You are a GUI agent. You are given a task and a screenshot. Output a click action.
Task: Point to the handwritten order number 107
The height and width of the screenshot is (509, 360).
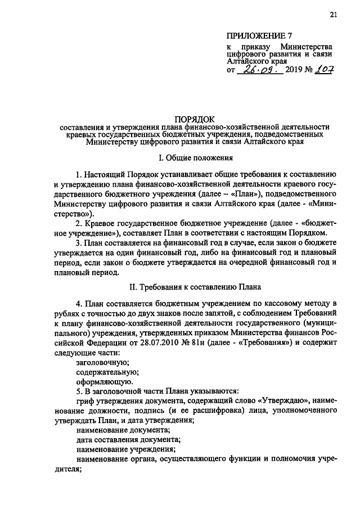325,71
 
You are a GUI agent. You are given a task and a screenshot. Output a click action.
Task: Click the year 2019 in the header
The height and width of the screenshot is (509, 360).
294,72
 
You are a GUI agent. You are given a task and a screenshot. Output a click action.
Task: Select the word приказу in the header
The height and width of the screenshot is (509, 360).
253,46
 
